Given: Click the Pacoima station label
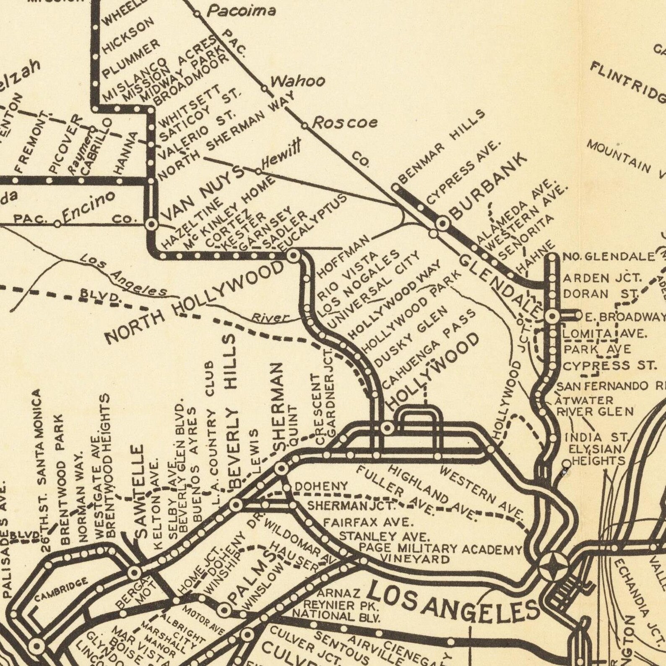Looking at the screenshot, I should tap(242, 11).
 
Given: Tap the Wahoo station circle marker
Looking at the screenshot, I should tap(265, 88).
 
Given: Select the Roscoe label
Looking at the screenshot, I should tap(345, 122).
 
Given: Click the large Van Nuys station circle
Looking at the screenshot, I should tap(151, 224).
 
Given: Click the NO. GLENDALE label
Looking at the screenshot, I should tap(608, 256).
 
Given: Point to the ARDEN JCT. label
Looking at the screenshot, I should tap(602, 278).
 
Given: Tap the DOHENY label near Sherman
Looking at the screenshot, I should tap(321, 486).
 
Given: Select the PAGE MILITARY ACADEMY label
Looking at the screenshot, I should tap(440, 549).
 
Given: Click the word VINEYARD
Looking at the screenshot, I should tap(415, 559).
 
